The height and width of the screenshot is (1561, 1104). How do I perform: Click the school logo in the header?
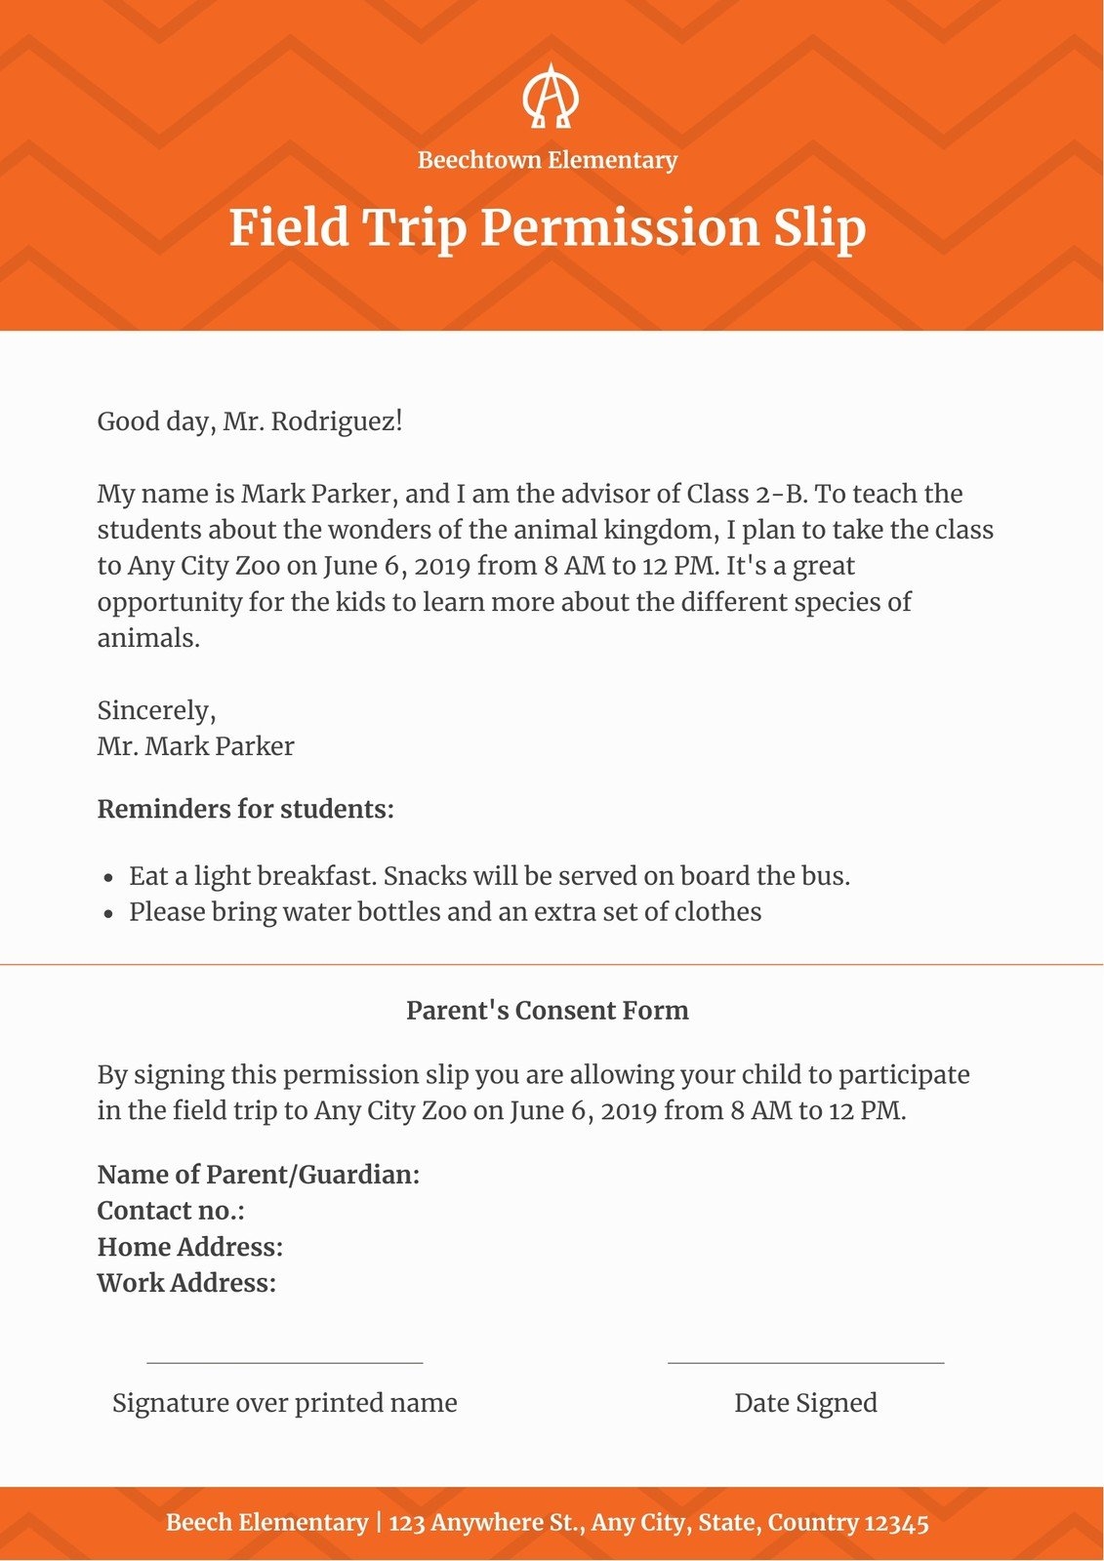click(550, 97)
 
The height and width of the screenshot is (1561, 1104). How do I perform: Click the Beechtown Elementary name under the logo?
click(548, 160)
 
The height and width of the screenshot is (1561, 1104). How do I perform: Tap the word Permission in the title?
click(619, 228)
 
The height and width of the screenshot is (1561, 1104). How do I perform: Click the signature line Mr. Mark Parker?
click(195, 746)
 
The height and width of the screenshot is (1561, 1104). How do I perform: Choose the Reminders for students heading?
click(245, 810)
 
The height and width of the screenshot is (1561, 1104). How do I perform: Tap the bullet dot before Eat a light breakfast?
click(109, 878)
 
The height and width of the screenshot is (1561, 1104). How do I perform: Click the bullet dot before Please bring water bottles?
click(109, 914)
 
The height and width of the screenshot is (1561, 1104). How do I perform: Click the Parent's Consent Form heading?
click(548, 1011)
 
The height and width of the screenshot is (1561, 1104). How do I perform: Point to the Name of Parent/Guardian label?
click(259, 1175)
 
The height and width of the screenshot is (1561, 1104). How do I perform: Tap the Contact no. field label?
click(171, 1211)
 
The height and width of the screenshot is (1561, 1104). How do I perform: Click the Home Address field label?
click(190, 1247)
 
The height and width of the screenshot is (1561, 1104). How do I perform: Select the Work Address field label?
click(186, 1283)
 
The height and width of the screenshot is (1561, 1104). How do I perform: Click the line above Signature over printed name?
click(284, 1362)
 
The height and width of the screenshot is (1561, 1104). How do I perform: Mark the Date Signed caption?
click(805, 1403)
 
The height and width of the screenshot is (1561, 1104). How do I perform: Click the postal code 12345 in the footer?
click(896, 1523)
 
